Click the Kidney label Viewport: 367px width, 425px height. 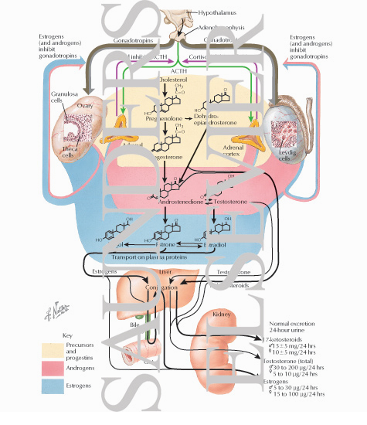click(220, 314)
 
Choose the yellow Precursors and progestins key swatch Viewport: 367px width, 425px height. click(46, 347)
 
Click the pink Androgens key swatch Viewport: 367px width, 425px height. click(46, 371)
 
